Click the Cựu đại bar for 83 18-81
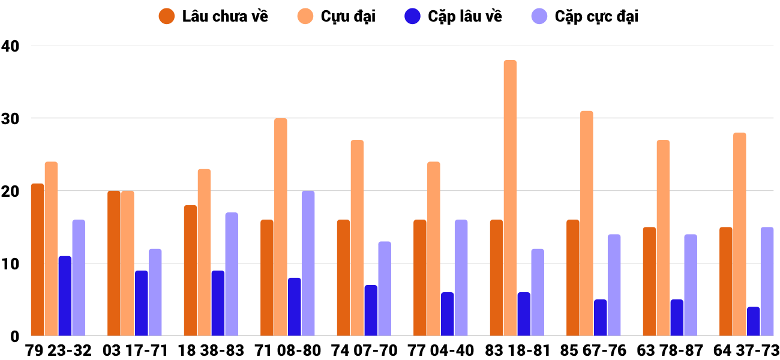pos(510,198)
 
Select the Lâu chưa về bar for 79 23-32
pos(37,260)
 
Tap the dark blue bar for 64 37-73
pos(753,322)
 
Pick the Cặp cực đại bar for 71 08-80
pos(308,263)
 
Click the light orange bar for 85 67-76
pos(586,223)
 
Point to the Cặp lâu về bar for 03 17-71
pos(141,303)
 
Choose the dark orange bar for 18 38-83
pos(190,271)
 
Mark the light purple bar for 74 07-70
pos(385,289)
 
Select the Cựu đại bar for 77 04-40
pos(433,249)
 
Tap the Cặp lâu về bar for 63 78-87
pos(677,318)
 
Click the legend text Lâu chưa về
pos(225,17)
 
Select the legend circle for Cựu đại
pos(305,16)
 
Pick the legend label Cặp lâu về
pos(465,17)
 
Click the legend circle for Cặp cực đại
pos(540,16)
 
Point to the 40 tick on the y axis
pos(10,46)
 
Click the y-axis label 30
pos(10,118)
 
